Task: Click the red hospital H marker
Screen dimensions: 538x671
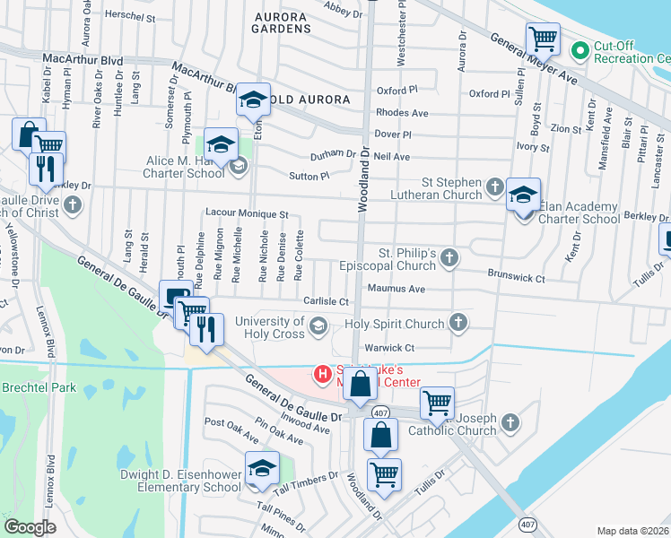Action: tap(319, 372)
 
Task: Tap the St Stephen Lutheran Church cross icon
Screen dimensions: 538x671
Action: tap(494, 187)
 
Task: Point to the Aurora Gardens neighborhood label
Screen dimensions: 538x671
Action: tap(283, 22)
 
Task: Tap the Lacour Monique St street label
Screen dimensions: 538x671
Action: tap(246, 215)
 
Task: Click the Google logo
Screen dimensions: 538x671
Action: tap(30, 526)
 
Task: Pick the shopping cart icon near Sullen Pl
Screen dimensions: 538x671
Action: tap(543, 39)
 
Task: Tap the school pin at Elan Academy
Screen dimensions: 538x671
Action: tap(523, 195)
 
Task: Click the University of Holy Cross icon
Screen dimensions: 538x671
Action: tap(317, 328)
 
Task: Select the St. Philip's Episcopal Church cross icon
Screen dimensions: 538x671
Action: tap(449, 259)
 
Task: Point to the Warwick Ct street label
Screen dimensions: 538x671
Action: tap(388, 347)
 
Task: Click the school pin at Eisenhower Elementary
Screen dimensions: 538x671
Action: tap(262, 468)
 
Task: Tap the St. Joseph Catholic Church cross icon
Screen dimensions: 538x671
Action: tap(510, 421)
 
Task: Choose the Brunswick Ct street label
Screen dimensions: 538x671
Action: tap(516, 279)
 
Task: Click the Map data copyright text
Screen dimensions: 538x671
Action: tap(632, 531)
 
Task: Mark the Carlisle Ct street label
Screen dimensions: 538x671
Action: tap(325, 302)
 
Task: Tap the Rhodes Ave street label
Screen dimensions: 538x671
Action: tap(402, 113)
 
